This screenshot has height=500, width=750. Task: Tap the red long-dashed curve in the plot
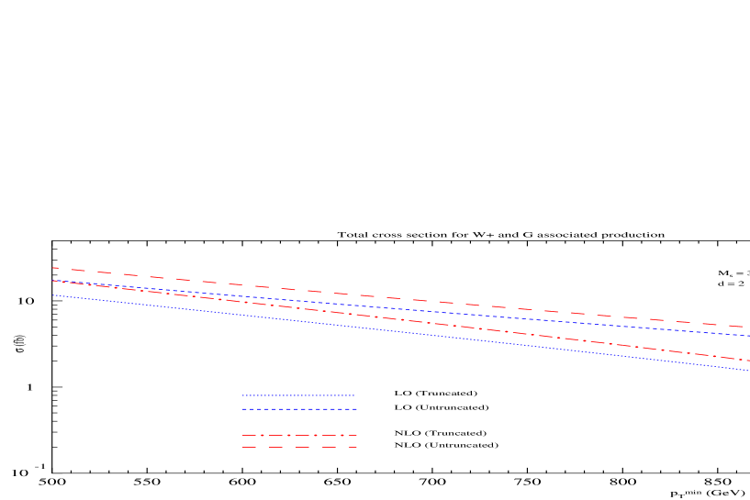367,295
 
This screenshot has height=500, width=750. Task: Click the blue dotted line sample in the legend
298,395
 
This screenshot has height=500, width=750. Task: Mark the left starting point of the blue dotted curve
53,295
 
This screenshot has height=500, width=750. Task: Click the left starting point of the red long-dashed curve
53,268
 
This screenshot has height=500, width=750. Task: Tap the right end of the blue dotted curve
749,371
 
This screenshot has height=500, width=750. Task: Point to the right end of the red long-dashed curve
749,328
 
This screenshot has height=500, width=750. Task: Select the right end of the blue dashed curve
749,336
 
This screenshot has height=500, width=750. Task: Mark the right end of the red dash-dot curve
749,361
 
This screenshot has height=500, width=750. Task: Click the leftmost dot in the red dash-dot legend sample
262,436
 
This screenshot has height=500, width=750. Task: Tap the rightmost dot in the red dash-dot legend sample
341,436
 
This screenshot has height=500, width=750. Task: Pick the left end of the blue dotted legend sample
243,395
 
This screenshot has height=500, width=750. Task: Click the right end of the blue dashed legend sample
357,409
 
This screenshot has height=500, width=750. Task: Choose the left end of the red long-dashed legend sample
243,448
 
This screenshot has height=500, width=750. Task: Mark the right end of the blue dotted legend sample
354,395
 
